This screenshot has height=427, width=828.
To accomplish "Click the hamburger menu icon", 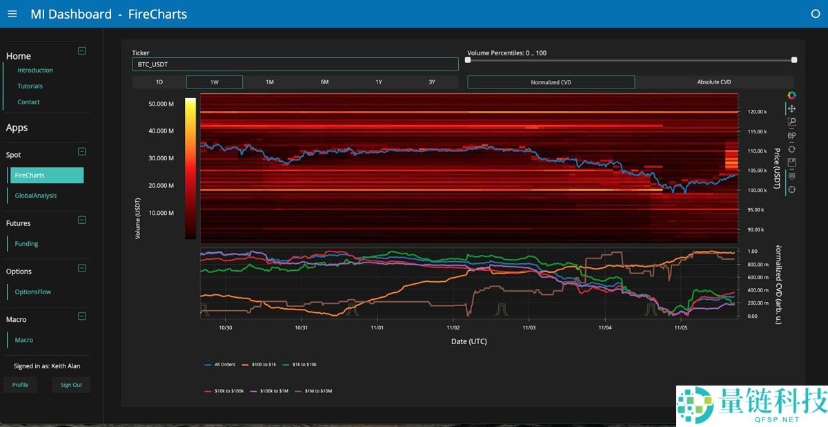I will (12, 14).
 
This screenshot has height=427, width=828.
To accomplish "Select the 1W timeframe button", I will (215, 82).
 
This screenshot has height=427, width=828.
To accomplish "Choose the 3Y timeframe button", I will (431, 82).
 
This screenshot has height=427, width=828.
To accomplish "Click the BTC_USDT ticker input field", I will (295, 64).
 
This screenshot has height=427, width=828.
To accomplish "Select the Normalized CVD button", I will (551, 82).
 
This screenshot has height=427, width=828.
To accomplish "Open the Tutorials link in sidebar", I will (30, 86).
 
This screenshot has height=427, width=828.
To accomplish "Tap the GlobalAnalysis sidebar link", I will (36, 196).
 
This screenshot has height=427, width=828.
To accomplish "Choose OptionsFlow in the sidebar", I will (33, 292).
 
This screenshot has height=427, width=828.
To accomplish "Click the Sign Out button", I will (71, 385).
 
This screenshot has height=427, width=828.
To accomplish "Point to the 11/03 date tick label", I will (529, 328).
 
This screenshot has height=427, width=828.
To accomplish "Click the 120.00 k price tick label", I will (757, 112).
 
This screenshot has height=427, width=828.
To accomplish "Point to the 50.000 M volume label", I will (161, 104).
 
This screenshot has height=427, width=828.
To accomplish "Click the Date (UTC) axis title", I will (469, 341).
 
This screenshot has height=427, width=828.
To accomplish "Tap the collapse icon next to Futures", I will (81, 220).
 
